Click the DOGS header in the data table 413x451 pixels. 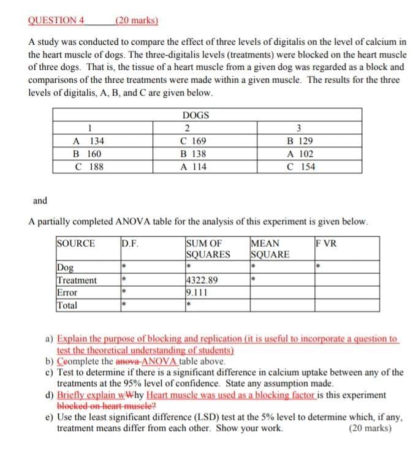pyautogui.click(x=195, y=115)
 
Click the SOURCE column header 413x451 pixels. pyautogui.click(x=76, y=243)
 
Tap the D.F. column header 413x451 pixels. pyautogui.click(x=130, y=243)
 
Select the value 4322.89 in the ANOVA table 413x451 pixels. pyautogui.click(x=203, y=280)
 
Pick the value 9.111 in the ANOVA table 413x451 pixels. pyautogui.click(x=197, y=292)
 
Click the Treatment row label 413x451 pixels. pyautogui.click(x=77, y=280)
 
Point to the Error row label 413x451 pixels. pyautogui.click(x=67, y=292)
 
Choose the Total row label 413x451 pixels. pyautogui.click(x=67, y=305)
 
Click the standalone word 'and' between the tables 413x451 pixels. pyautogui.click(x=39, y=200)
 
